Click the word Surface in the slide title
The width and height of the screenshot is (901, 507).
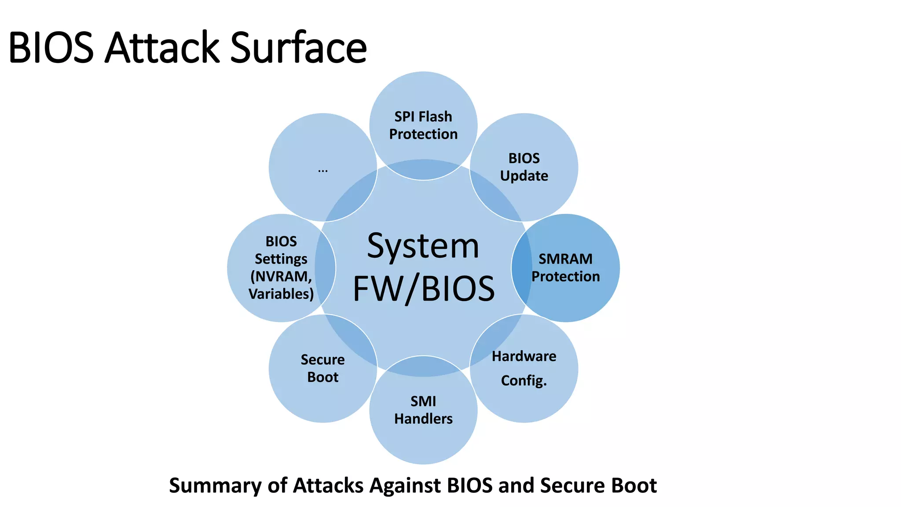[298, 48]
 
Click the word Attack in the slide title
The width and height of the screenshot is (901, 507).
[162, 48]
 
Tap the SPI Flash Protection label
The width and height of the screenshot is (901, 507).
[423, 125]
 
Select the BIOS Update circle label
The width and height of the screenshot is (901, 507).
[524, 167]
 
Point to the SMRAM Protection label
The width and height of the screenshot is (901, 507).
[566, 268]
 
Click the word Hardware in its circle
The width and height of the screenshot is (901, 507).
[524, 356]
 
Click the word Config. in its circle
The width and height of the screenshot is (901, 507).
[524, 380]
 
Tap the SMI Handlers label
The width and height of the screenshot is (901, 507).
[423, 410]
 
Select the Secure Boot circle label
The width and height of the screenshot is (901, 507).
[322, 368]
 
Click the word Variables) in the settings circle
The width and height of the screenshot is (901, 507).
[281, 294]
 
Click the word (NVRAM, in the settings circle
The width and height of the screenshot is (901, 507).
[281, 276]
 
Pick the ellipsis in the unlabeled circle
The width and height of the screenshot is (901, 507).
[322, 170]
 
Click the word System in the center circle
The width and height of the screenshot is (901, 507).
[423, 246]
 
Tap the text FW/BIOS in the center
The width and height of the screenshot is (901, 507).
[424, 289]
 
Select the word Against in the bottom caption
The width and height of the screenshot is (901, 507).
[405, 486]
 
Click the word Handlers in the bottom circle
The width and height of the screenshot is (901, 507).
[423, 419]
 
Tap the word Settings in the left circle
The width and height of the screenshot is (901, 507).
[281, 259]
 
